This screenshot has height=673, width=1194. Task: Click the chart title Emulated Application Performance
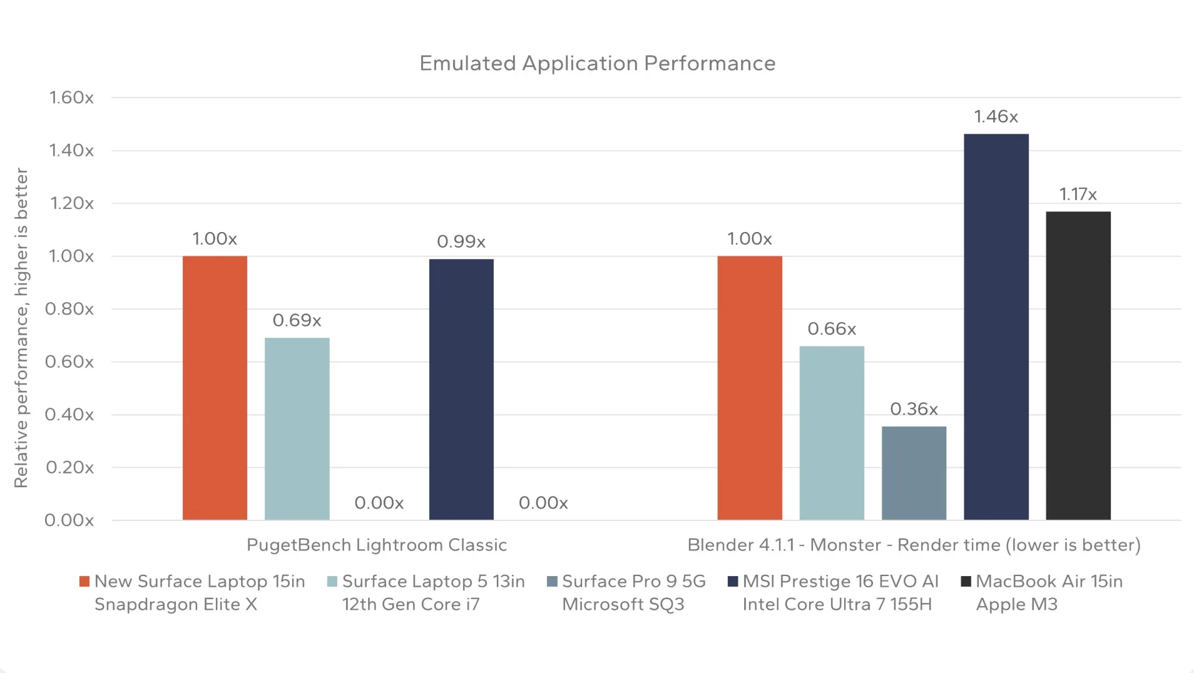coord(597,63)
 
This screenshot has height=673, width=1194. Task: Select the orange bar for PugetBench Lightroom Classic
coord(215,388)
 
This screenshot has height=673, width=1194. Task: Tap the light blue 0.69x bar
coord(297,428)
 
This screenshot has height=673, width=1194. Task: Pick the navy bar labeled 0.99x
coord(461,389)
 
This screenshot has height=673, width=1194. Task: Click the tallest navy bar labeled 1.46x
coord(996,326)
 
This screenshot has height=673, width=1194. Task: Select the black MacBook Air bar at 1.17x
coord(1078,365)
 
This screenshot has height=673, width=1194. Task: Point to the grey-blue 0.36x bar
coord(914,473)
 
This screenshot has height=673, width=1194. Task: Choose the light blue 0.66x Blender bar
coord(832,433)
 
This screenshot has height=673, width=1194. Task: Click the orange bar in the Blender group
coord(749,388)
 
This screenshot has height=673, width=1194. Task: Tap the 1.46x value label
coord(996,117)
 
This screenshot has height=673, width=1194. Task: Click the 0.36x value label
coord(914,409)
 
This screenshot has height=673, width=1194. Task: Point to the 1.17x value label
coord(1078,195)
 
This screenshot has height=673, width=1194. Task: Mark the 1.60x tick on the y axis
coord(71,98)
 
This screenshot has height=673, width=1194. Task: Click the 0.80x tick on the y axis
coord(69,309)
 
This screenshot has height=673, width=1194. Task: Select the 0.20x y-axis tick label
coord(69,467)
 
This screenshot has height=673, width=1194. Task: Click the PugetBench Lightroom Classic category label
coord(376,545)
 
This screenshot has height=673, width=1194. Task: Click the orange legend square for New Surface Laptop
coord(84,582)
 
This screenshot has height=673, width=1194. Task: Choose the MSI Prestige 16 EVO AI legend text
coord(840,582)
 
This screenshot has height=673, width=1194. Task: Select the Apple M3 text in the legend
coord(1016,605)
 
